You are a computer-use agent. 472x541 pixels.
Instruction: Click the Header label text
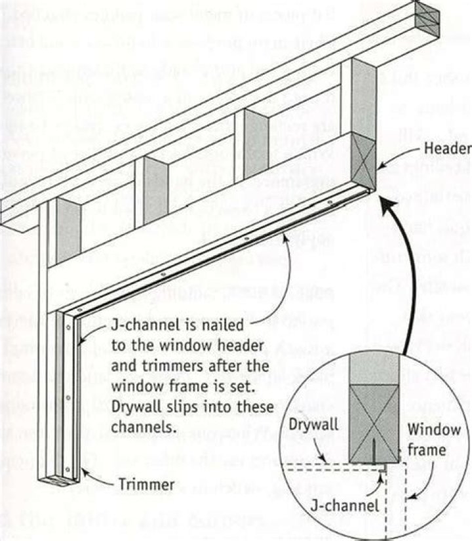(x=448, y=149)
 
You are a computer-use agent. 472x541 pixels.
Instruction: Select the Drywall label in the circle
(x=317, y=424)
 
